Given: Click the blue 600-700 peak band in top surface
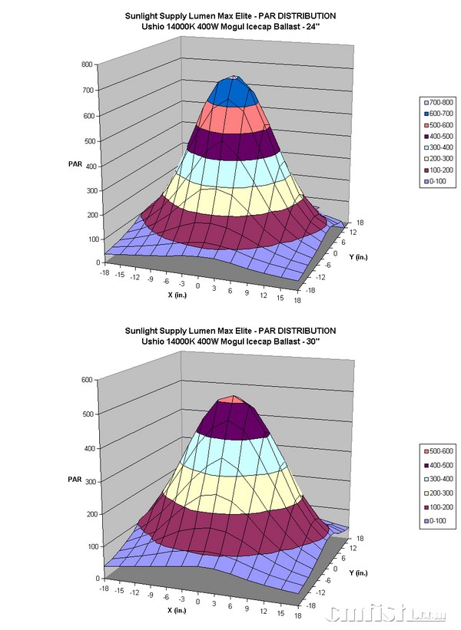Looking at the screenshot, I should click(x=234, y=92).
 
